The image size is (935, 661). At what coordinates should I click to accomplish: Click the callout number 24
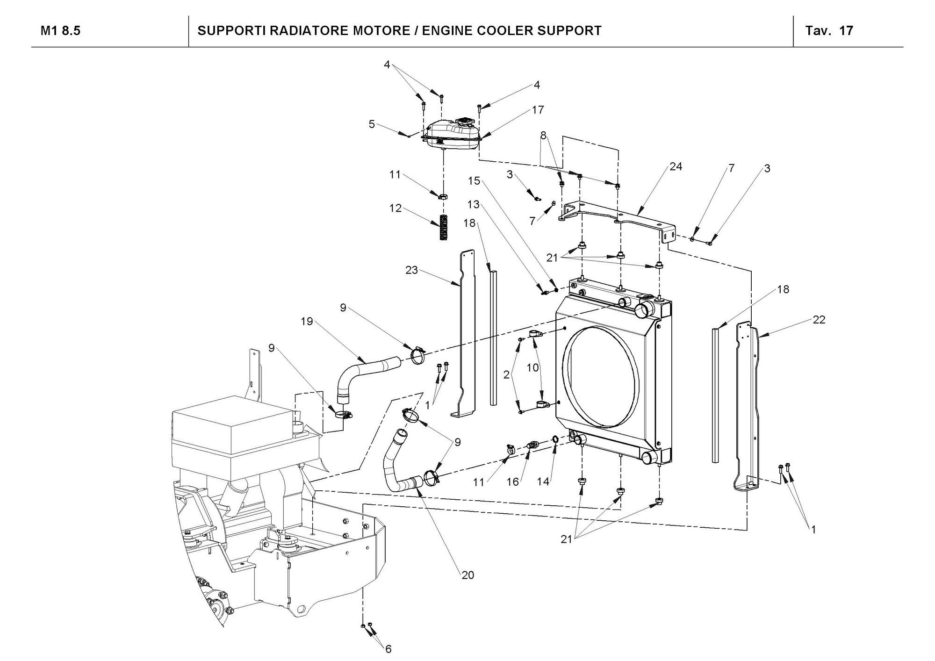pyautogui.click(x=676, y=166)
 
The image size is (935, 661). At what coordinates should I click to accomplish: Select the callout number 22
pyautogui.click(x=819, y=320)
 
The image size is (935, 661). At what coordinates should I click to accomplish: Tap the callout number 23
pyautogui.click(x=411, y=270)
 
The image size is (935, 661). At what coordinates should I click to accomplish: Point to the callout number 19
pyautogui.click(x=307, y=322)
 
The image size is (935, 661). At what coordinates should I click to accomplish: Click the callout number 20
pyautogui.click(x=467, y=575)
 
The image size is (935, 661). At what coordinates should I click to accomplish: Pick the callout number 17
pyautogui.click(x=538, y=109)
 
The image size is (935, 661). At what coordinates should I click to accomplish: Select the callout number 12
pyautogui.click(x=396, y=208)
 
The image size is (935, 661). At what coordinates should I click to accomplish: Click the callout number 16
pyautogui.click(x=513, y=481)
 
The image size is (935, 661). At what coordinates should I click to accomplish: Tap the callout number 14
pyautogui.click(x=543, y=481)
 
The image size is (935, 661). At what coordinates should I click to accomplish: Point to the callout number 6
pyautogui.click(x=388, y=649)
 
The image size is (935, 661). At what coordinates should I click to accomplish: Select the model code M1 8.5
pyautogui.click(x=60, y=31)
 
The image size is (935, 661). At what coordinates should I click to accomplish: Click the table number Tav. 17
pyautogui.click(x=829, y=31)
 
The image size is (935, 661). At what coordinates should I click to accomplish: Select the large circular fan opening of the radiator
pyautogui.click(x=601, y=376)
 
